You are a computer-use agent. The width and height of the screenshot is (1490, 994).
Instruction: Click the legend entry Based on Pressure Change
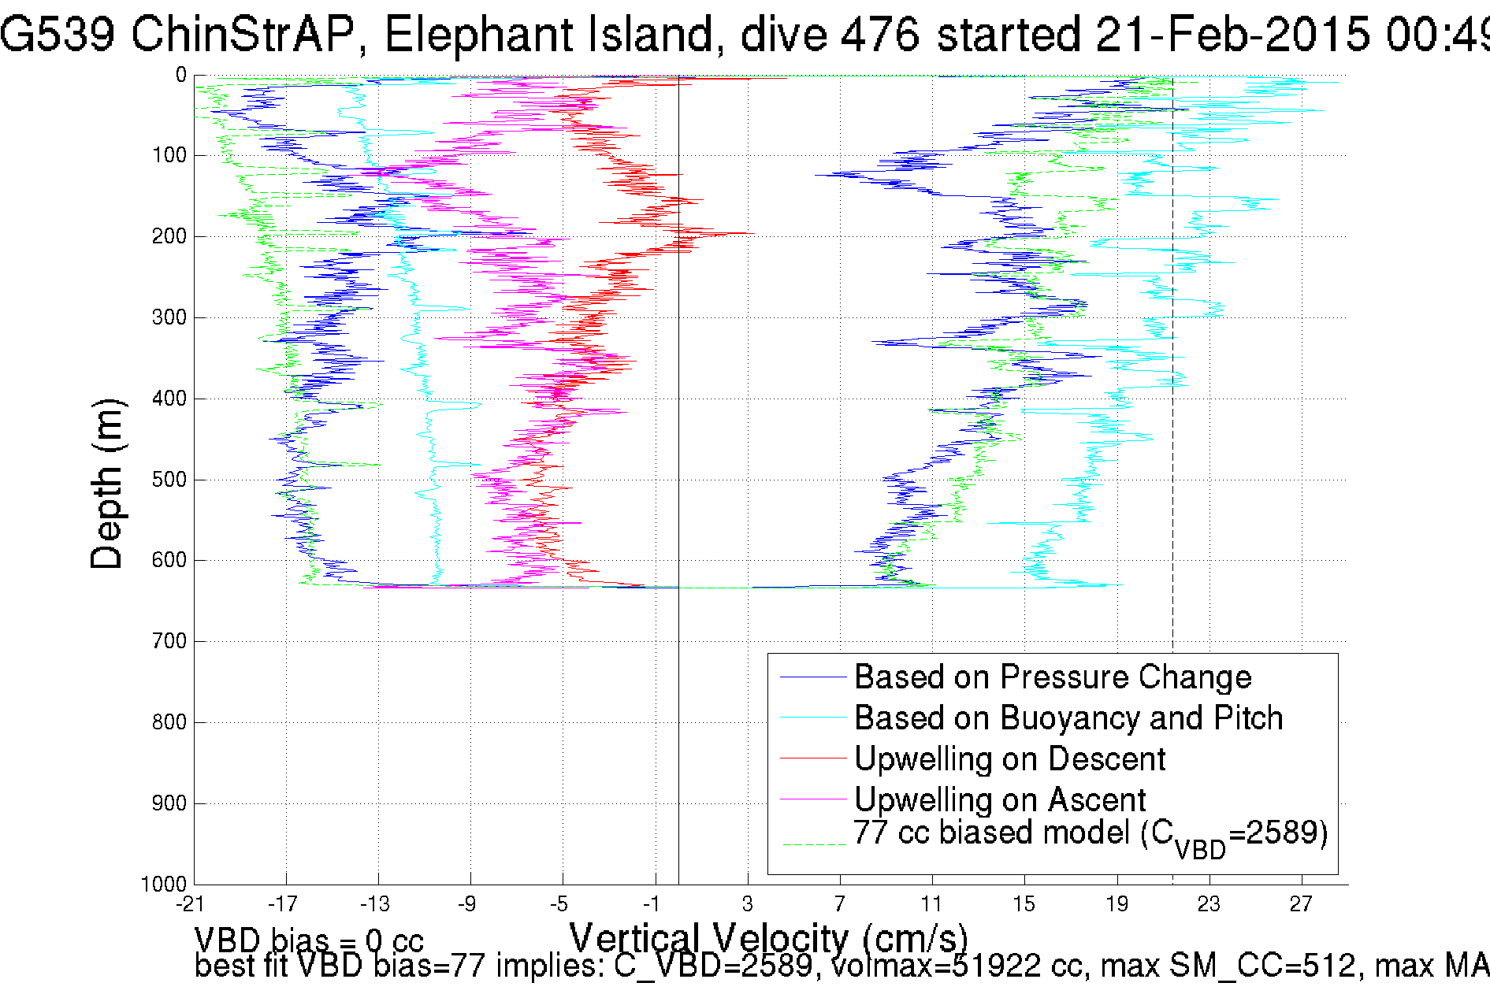coord(1053,677)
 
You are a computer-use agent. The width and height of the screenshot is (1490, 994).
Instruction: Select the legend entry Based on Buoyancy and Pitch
coord(1068,718)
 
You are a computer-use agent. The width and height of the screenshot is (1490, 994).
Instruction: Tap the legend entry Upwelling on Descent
coord(1009,759)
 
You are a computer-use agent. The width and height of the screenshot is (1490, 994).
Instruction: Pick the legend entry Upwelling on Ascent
coord(1000,800)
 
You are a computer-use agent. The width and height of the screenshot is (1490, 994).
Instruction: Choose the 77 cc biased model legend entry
coord(1091,835)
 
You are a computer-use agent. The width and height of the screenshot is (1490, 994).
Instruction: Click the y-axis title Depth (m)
coord(107,484)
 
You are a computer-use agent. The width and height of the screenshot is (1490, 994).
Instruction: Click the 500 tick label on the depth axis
coord(169,480)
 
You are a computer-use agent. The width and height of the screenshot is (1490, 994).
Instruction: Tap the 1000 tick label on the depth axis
coord(165,884)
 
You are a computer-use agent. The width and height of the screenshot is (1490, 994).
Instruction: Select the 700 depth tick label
coord(169,641)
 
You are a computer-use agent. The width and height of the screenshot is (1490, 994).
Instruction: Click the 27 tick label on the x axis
coord(1301,904)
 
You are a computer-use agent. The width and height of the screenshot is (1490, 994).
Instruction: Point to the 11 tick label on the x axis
coord(932,904)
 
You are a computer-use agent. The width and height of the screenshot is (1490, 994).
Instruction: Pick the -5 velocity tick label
coord(559,904)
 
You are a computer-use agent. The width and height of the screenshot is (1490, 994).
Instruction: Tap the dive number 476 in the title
coord(880,35)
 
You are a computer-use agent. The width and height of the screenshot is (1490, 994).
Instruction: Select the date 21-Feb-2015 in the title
coord(1233,35)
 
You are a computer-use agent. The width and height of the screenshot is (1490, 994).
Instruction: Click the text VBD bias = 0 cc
coord(309,940)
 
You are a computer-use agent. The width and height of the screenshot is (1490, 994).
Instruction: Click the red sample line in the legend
coord(812,758)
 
